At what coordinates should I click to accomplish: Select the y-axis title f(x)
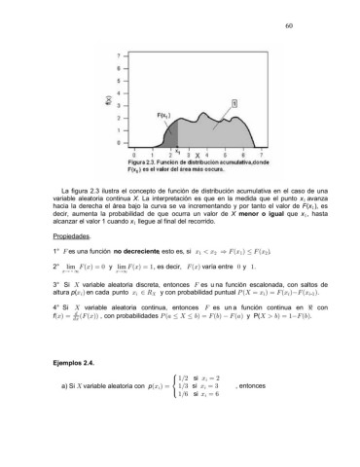point(95,100)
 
